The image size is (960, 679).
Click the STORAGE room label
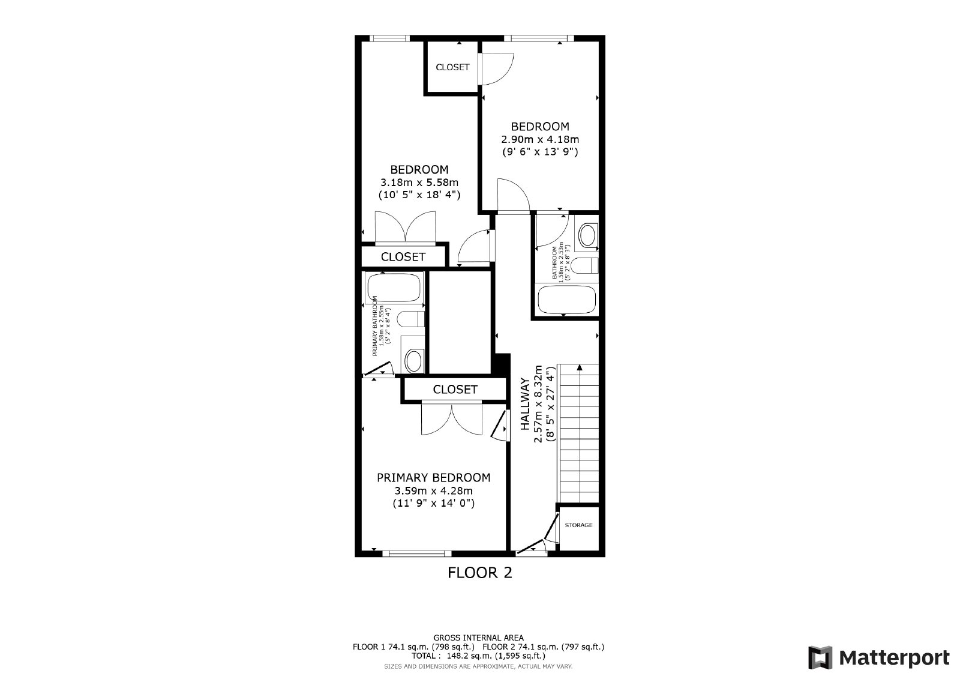click(578, 525)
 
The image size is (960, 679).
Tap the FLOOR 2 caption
click(480, 573)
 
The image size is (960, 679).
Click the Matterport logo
click(878, 657)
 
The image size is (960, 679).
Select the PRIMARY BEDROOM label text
click(433, 478)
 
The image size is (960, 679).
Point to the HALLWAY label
click(525, 403)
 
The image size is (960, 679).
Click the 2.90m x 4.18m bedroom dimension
click(539, 139)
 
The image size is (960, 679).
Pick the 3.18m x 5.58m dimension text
click(419, 183)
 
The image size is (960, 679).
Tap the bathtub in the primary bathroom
click(394, 288)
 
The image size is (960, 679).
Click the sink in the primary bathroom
click(413, 360)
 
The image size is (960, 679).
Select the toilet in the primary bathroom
click(412, 319)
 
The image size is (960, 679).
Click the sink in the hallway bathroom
click(587, 235)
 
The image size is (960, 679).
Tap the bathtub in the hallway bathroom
click(566, 300)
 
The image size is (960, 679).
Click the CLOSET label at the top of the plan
click(452, 67)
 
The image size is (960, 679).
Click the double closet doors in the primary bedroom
click(451, 418)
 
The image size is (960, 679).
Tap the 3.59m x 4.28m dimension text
click(433, 491)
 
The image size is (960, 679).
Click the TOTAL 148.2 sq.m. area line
click(478, 656)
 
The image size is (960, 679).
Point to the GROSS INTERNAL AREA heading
click(478, 638)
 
